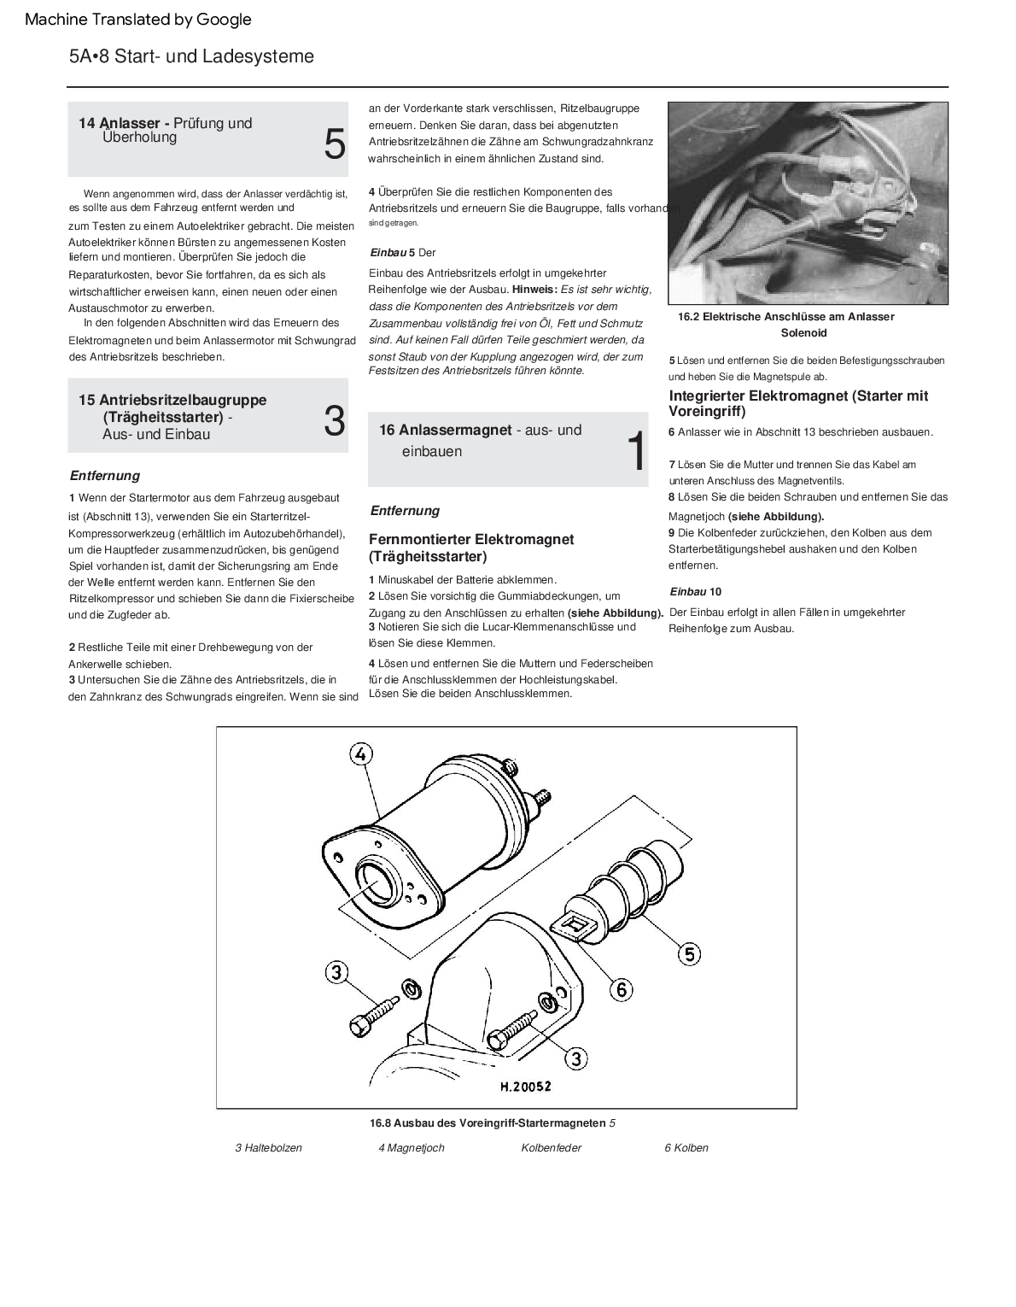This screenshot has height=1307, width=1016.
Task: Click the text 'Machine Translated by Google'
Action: click(x=138, y=19)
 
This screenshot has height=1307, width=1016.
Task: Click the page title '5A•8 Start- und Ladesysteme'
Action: click(x=191, y=56)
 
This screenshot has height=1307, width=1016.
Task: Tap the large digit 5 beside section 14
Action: click(x=335, y=144)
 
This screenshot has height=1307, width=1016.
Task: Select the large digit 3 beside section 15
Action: click(x=335, y=421)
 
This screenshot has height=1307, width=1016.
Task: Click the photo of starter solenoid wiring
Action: click(x=807, y=203)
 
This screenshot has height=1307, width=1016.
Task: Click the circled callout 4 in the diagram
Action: click(x=361, y=753)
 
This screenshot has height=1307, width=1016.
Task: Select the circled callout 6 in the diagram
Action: click(x=622, y=989)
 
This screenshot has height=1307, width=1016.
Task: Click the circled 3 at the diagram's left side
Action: click(x=336, y=972)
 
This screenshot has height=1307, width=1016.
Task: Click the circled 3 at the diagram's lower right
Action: click(x=576, y=1059)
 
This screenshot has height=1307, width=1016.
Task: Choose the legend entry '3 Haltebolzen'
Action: click(x=268, y=1147)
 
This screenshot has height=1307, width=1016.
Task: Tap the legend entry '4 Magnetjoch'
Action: click(x=412, y=1147)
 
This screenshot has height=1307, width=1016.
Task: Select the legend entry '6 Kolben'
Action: click(x=686, y=1147)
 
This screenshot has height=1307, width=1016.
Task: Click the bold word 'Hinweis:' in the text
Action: click(x=534, y=290)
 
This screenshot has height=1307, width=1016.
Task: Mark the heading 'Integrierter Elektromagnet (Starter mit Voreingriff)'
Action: click(x=798, y=403)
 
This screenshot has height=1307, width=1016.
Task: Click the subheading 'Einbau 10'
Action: click(x=695, y=591)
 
